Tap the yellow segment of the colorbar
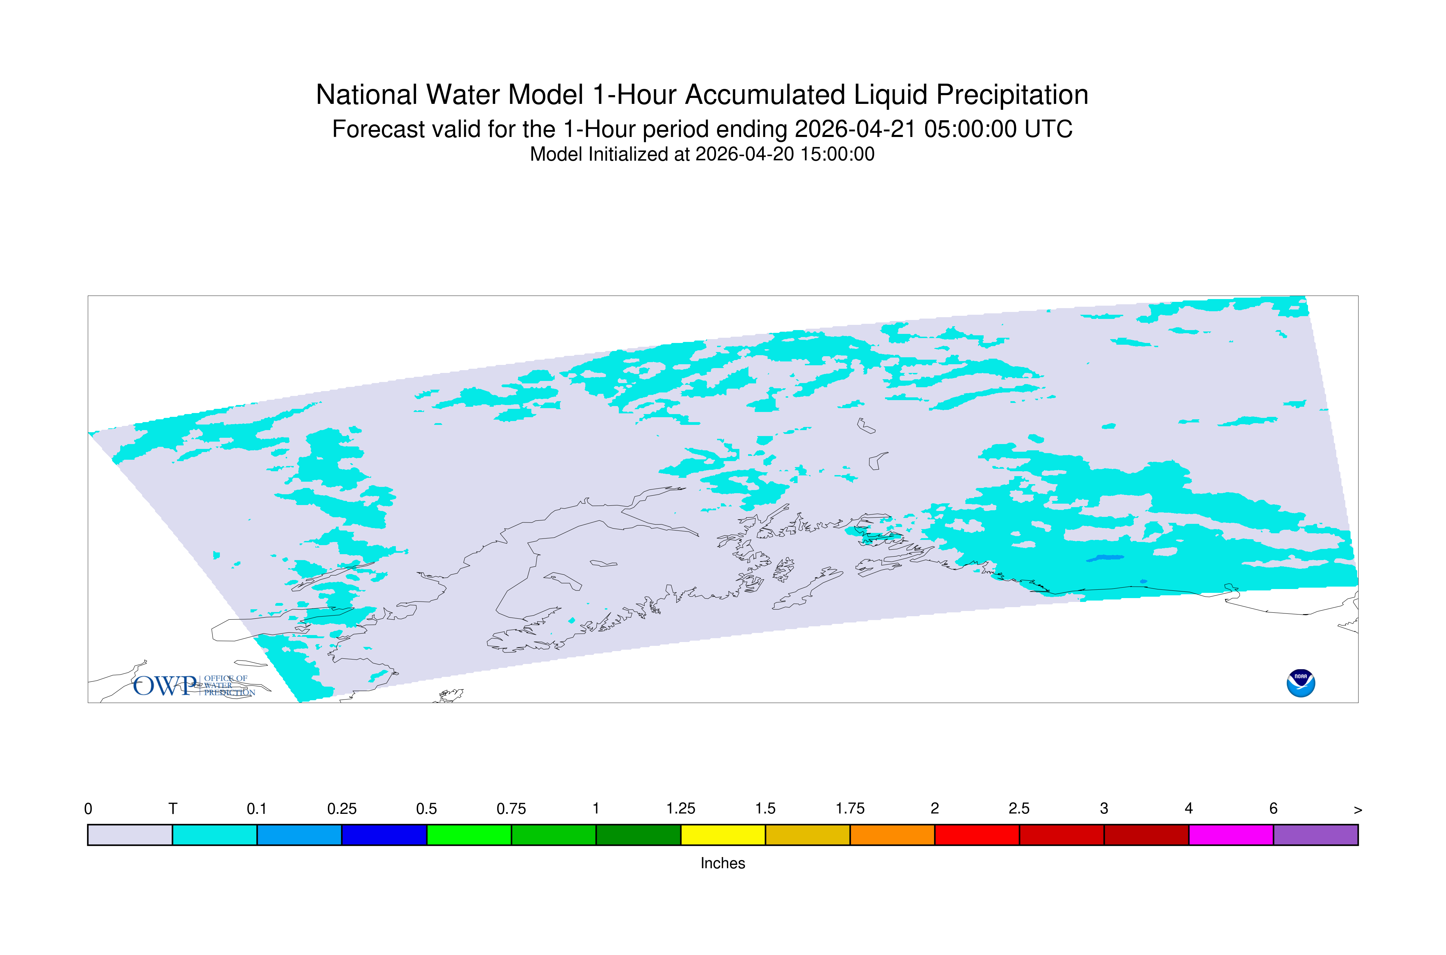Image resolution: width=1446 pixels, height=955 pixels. tap(723, 835)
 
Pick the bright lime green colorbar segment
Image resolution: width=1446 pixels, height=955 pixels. tap(469, 835)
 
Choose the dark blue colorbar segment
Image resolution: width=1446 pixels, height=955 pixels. tap(384, 835)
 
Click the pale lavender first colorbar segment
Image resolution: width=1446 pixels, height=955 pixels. tap(130, 835)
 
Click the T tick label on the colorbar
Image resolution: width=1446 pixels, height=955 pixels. tap(173, 809)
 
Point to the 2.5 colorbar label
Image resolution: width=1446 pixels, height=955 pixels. tap(1019, 809)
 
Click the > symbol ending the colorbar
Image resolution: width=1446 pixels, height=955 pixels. tap(1358, 810)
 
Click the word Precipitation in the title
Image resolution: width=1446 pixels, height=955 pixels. tap(1012, 95)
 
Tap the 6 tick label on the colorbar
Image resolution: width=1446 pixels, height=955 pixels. tap(1273, 809)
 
